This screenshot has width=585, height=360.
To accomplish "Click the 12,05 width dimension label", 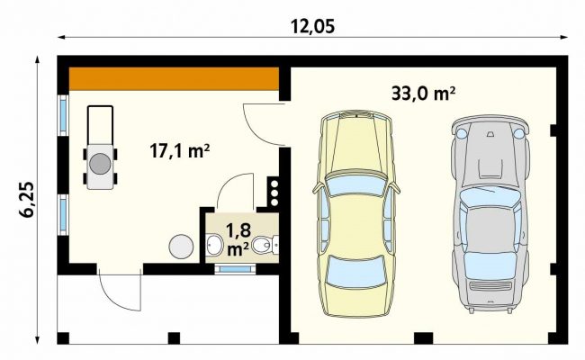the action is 312,27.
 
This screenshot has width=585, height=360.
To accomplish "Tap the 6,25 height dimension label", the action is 27,200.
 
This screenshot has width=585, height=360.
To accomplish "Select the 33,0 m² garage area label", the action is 423,94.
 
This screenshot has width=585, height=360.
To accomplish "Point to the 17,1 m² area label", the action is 179,151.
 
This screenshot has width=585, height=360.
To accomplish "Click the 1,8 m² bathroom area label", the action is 238,239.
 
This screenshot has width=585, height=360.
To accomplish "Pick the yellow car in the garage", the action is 356,213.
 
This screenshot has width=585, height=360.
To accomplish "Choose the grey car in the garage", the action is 490,213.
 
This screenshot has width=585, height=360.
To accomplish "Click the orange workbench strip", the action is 175,78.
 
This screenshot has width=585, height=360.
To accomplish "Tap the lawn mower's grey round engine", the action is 100,164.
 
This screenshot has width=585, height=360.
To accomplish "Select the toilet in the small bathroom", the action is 265,245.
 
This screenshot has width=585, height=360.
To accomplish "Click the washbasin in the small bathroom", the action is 214,245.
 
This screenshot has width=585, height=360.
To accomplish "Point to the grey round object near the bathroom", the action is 181,247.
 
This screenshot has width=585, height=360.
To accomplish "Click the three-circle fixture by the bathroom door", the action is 274,193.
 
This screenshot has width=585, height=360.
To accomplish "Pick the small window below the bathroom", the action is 235,269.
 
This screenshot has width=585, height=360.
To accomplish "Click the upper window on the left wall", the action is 63,115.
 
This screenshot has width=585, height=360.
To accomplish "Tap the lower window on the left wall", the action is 63,214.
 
